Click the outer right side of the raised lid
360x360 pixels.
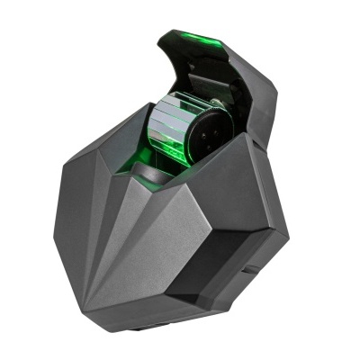click(261, 90)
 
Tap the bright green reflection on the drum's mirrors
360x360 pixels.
click(162, 144)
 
